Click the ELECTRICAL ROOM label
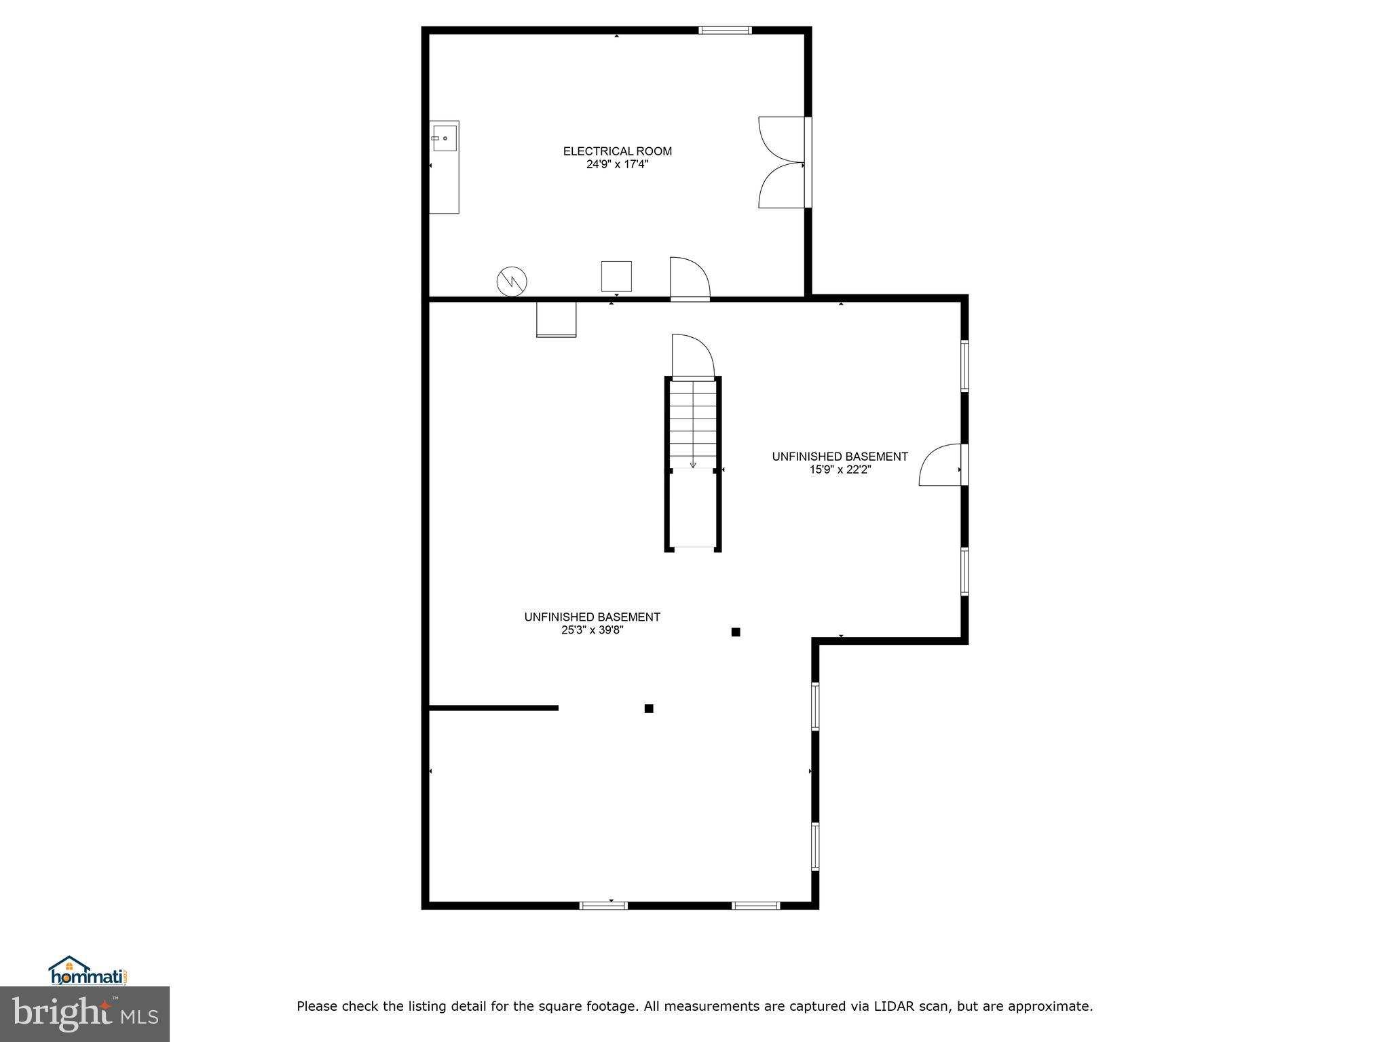(x=617, y=151)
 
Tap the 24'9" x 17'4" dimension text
(x=617, y=164)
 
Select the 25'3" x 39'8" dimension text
(x=592, y=630)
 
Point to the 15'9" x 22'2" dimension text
(x=840, y=469)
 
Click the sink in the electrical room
(x=445, y=138)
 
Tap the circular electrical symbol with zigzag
(x=512, y=281)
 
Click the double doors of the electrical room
(x=782, y=162)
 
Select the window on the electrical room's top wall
(x=725, y=30)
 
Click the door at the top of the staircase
(x=692, y=356)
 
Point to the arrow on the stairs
(x=692, y=465)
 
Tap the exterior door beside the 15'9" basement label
(x=941, y=465)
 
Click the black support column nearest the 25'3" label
(x=735, y=632)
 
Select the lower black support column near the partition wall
(x=649, y=708)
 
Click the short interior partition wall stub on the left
(x=493, y=708)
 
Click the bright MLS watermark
(x=85, y=1014)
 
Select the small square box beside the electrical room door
(x=616, y=276)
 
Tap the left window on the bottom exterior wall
(x=603, y=905)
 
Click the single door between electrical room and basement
(x=690, y=279)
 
